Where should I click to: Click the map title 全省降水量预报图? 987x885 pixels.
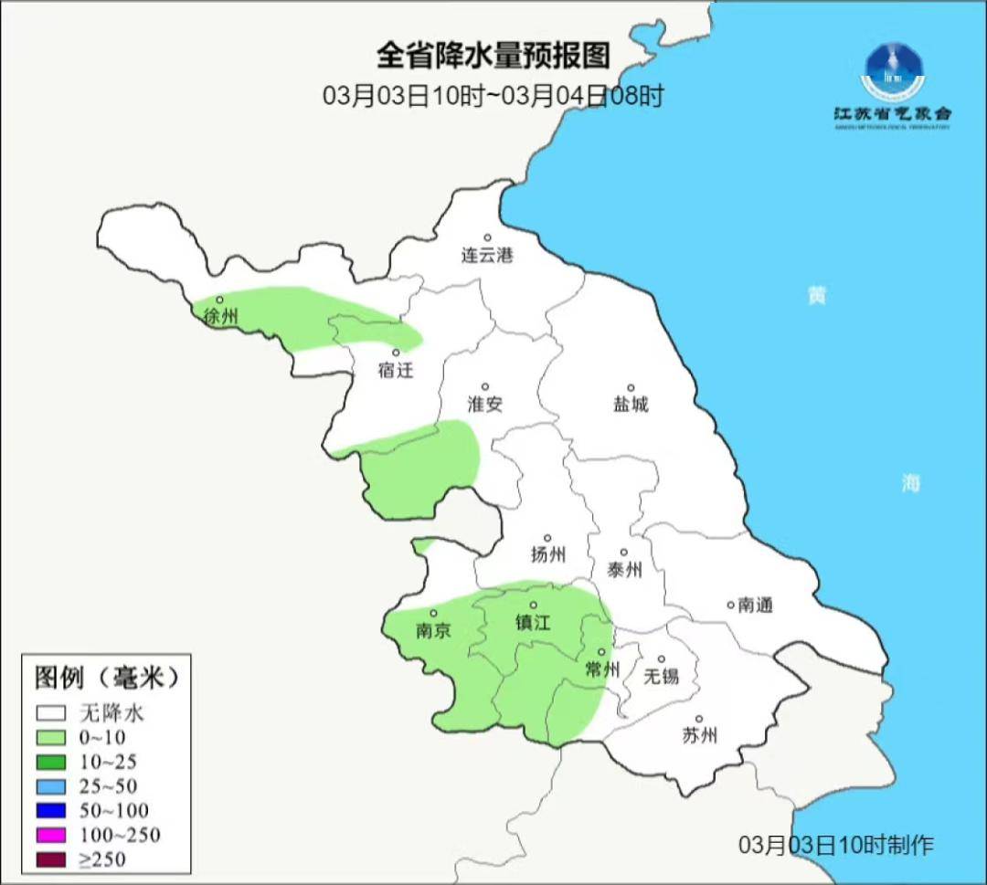tap(493, 56)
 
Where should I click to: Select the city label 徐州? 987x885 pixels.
tap(221, 317)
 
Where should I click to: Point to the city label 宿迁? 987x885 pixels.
tap(396, 370)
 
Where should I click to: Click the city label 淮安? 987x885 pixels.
tap(484, 404)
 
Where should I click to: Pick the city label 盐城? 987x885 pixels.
tap(630, 404)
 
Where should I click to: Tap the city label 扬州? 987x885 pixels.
tap(548, 554)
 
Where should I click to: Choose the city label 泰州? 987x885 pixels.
tap(624, 570)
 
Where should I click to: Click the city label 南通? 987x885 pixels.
tap(755, 605)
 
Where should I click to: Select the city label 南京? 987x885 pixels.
tap(433, 630)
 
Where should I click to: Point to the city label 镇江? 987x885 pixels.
tap(534, 622)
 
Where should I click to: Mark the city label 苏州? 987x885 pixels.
tap(699, 735)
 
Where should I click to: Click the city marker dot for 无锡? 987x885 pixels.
tap(662, 658)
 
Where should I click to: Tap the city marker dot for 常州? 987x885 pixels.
tap(600, 652)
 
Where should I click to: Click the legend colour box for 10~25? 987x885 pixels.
tap(51, 762)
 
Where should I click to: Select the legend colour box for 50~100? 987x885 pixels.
tap(51, 810)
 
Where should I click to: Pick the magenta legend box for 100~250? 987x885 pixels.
tap(51, 835)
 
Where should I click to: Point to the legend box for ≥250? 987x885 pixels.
tap(51, 859)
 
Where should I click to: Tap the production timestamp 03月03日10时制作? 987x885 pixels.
tap(836, 845)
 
